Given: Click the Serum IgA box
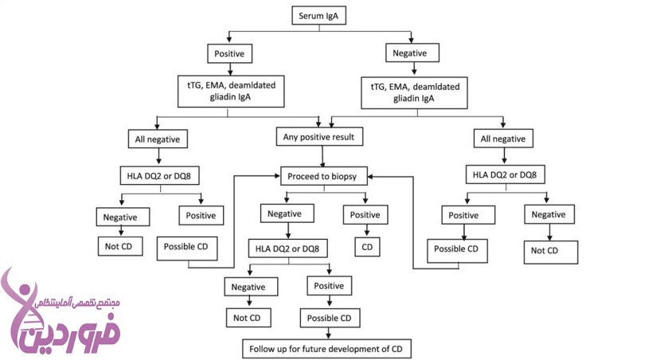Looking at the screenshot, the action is coord(318,16).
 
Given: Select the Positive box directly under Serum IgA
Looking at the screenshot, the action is coord(230,54).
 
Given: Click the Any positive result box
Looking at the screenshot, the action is coord(319,137).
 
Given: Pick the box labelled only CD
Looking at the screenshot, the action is coord(367,247).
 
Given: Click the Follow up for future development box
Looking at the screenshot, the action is coord(326,349).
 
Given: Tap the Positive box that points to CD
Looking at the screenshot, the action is coord(365,215).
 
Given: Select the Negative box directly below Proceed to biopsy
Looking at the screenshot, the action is coord(287,213).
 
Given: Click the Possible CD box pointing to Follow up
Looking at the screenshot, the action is coord(330,318).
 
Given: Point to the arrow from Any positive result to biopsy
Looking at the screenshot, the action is coord(322,156).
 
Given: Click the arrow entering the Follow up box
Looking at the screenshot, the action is coord(329,334).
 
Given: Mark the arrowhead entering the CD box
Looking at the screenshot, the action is coord(367,235).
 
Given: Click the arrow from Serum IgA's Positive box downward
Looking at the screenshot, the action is coord(230,69).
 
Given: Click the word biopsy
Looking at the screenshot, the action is coord(344,177).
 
